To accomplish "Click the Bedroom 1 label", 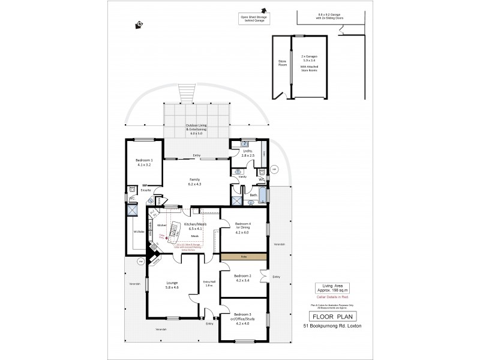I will point(144,163).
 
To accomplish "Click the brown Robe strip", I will point(242,257).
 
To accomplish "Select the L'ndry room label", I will point(247,152).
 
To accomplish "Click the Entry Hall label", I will point(209,284).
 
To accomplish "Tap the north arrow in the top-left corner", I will point(139,25).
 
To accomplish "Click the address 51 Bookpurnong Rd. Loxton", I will point(331,326).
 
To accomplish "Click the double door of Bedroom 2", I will point(262,277).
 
